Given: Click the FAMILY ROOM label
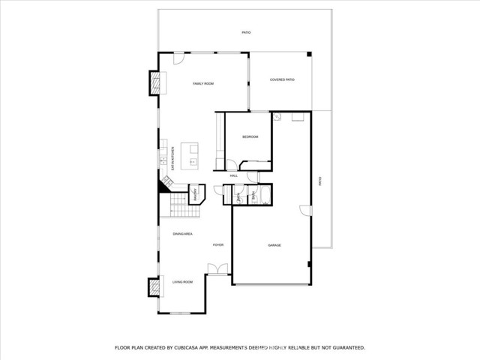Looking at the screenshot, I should [203, 84].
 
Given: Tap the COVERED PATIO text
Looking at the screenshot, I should [282, 79].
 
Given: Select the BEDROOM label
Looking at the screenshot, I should [250, 136].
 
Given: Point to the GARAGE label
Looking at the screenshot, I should [274, 245].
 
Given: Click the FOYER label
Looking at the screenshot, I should [218, 245].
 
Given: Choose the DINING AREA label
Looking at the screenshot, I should [183, 234].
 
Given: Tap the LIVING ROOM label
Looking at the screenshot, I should [183, 282].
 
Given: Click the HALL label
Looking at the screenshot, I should [234, 175].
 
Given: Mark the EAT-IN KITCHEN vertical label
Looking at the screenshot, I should [173, 159].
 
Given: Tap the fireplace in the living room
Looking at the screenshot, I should [154, 288].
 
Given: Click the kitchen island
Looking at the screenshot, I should [194, 154].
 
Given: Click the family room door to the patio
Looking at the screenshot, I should [178, 59].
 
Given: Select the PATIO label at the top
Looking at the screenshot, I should [246, 33].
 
